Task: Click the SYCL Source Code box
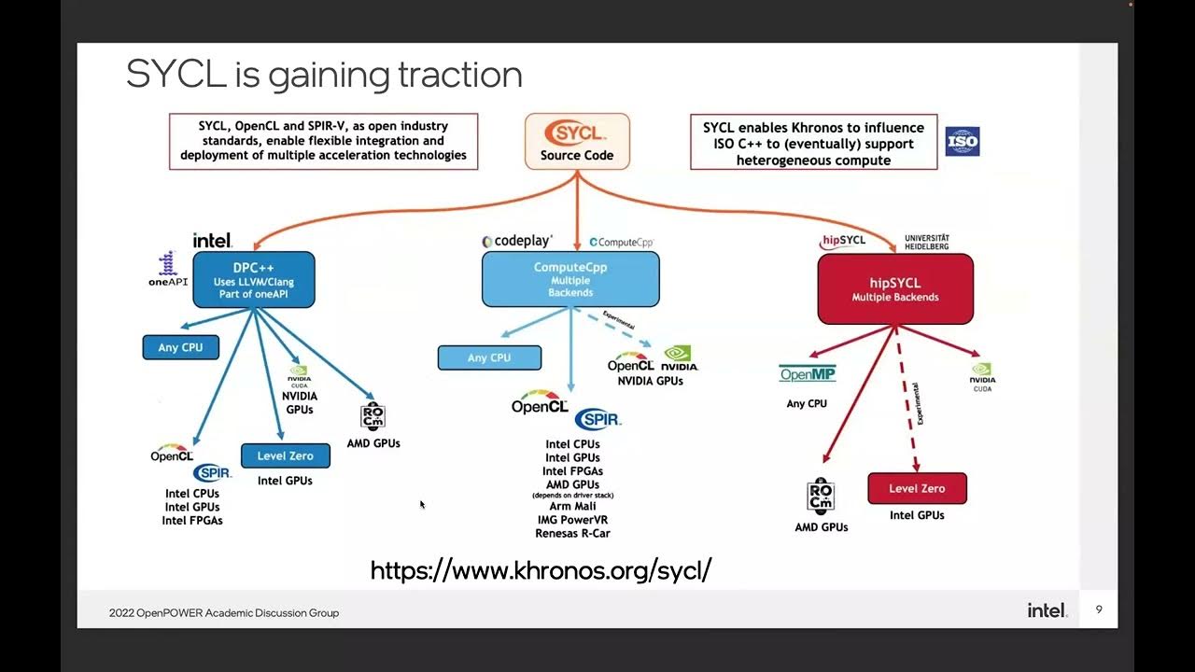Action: (577, 142)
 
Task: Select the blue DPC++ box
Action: (254, 280)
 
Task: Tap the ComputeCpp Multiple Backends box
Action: (570, 279)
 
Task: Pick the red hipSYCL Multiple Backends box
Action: (895, 289)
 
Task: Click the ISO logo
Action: (962, 142)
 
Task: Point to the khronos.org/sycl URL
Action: (541, 570)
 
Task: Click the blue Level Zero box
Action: (286, 455)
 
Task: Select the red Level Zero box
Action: (917, 488)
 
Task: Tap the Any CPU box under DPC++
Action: (180, 347)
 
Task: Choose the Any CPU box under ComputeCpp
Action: (489, 357)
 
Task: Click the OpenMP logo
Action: (808, 374)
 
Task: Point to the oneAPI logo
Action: (168, 269)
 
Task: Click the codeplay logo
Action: (517, 242)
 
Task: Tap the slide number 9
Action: (1099, 609)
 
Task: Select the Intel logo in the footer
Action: (1047, 610)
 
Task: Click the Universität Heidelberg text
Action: (926, 242)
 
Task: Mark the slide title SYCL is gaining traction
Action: (324, 75)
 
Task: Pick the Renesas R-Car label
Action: (572, 534)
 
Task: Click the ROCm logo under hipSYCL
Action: (821, 497)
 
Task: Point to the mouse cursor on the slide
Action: (422, 505)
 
